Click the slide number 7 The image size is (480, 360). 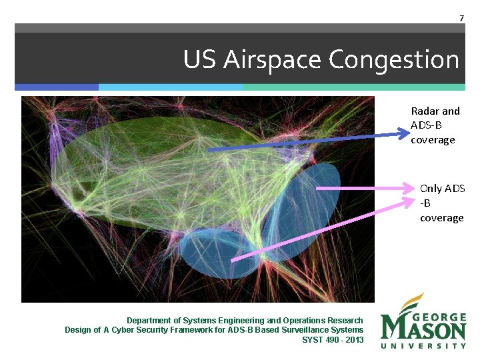pos(461,18)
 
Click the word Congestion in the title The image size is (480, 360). pos(394,60)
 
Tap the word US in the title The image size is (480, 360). pos(200,60)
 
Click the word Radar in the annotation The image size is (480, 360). pos(425,111)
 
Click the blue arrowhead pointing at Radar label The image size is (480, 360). pos(402,134)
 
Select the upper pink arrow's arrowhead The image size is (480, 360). pos(410,189)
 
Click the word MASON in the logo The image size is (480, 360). pos(423,329)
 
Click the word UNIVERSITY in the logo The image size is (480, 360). pos(423,345)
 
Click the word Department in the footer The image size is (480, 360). pos(151,321)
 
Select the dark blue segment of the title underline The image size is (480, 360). pos(57,87)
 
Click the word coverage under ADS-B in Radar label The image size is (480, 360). pos(433,140)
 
